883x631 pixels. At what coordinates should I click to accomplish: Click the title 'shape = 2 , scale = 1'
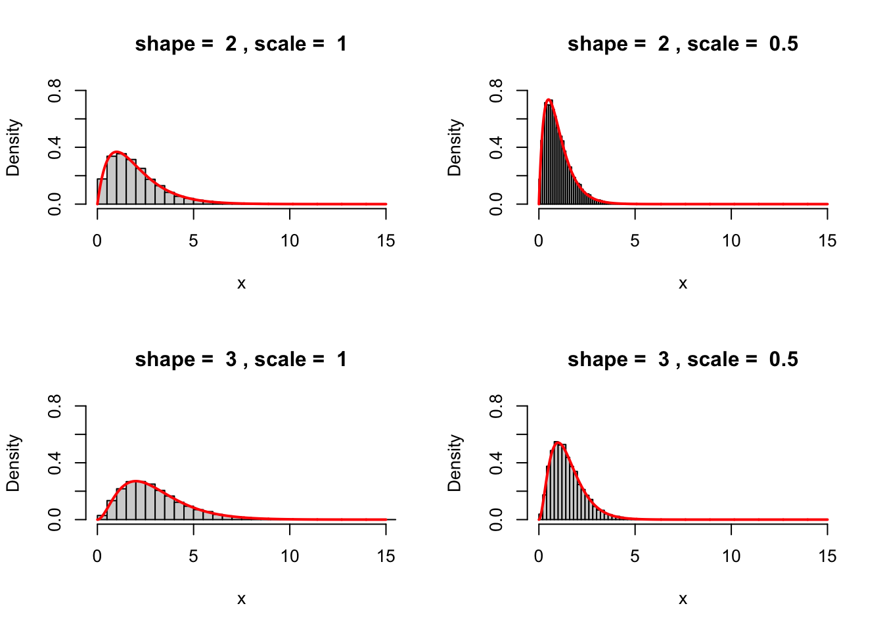[241, 44]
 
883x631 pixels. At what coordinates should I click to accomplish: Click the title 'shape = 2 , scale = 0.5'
[683, 44]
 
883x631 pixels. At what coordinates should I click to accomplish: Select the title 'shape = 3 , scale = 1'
[241, 360]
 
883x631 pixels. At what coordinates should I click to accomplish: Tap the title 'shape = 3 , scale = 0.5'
[683, 360]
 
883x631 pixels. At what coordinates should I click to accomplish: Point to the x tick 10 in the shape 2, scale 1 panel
[290, 241]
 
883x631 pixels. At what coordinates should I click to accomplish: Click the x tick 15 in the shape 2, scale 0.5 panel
[827, 241]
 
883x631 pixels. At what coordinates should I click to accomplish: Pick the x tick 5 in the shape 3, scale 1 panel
[193, 556]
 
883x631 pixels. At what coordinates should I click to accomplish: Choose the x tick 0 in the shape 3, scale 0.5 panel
[539, 556]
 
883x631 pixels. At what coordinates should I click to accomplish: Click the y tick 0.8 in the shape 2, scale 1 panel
[55, 91]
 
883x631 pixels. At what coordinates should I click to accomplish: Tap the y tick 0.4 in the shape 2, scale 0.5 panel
[496, 147]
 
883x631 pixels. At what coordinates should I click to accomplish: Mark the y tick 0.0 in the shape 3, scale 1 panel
[55, 519]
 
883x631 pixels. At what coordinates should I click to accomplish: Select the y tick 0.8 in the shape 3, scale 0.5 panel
[496, 406]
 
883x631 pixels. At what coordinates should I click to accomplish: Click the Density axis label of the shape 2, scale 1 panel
[13, 147]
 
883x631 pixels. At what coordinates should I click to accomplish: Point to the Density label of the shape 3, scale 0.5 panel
[455, 463]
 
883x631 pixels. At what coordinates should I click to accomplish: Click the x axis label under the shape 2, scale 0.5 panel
[683, 283]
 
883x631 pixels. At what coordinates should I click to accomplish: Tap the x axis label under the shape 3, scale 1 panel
[241, 599]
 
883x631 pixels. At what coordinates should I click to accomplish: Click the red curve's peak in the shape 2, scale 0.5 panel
[549, 101]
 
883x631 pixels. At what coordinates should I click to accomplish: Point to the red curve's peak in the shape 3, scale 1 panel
[136, 481]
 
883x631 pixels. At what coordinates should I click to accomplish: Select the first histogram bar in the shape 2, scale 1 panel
[102, 191]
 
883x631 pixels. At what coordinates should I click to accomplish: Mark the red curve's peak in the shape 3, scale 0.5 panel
[558, 443]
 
